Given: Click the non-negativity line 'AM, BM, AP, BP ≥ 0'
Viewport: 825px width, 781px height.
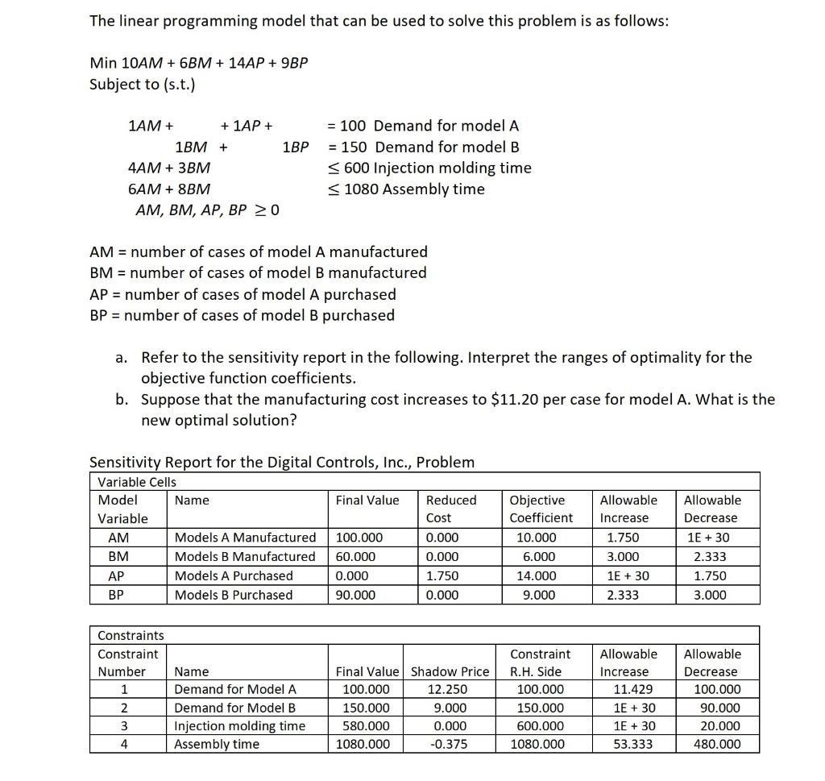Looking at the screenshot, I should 208,210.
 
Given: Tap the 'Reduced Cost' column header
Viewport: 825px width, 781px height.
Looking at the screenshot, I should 450,509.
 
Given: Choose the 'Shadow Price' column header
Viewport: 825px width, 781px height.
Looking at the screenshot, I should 450,671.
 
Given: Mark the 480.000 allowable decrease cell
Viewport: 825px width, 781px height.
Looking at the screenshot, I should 716,744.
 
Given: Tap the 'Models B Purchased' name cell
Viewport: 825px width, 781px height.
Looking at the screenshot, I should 234,595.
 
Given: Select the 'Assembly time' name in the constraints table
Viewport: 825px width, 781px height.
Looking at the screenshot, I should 217,744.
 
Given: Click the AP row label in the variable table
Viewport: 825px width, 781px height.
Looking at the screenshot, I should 117,575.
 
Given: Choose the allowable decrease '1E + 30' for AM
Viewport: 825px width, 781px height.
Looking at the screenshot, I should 710,538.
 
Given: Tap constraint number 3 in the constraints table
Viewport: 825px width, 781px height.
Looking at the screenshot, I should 124,725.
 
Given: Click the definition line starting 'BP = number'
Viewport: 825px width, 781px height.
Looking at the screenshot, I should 242,315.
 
